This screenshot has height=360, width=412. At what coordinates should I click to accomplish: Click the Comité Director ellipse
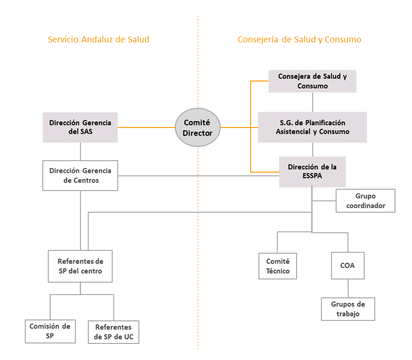(x=198, y=128)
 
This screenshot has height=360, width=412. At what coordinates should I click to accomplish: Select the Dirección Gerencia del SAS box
(x=80, y=128)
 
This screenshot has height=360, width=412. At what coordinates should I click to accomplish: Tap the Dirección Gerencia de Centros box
(x=80, y=175)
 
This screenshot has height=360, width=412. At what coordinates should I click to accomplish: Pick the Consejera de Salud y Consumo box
(x=312, y=81)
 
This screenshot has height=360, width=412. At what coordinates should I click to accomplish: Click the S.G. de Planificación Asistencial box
(x=312, y=128)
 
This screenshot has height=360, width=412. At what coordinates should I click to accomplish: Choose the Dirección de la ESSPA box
(x=312, y=172)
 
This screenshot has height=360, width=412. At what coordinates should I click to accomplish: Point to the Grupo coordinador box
(x=366, y=201)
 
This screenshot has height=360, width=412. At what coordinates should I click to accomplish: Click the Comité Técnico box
(x=278, y=266)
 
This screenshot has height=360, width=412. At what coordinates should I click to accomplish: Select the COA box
(x=348, y=266)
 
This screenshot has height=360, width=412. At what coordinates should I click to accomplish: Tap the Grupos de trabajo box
(x=348, y=309)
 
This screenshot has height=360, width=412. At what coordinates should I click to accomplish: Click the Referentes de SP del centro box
(x=80, y=266)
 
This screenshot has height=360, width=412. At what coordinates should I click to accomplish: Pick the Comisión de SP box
(x=50, y=331)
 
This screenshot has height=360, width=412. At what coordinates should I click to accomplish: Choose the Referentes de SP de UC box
(x=114, y=332)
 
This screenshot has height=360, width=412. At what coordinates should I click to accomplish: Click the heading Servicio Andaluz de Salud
(x=98, y=40)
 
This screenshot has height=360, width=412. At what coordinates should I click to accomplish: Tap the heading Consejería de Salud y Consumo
(x=299, y=40)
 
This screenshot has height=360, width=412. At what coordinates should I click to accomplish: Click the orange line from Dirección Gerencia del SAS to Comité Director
(x=146, y=128)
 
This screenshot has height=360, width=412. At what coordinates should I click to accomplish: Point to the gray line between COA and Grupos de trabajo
(x=348, y=289)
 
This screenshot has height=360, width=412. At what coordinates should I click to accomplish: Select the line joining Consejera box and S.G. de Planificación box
(x=312, y=102)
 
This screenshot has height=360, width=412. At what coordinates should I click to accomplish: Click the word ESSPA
(x=312, y=176)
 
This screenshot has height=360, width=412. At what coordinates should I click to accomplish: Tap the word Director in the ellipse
(x=198, y=133)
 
